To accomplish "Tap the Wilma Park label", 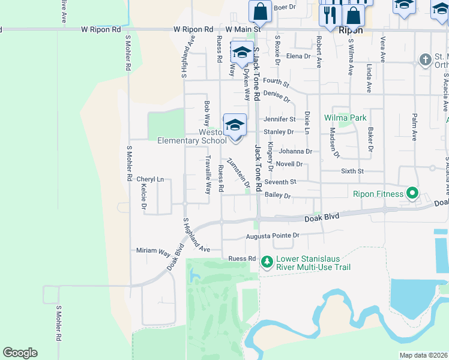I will [x=345, y=118].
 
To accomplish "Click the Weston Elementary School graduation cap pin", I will [x=235, y=125].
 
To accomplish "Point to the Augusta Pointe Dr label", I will [x=273, y=236].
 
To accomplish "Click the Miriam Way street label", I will [x=154, y=250].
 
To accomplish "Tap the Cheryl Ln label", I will [x=150, y=179].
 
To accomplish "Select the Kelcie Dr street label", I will [x=144, y=197].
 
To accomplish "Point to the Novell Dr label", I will [x=289, y=164].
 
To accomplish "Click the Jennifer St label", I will [x=279, y=119].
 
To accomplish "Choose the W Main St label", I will [x=243, y=29].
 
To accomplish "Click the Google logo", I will [x=20, y=353].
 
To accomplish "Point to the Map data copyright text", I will [x=424, y=356].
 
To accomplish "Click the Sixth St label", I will [x=352, y=172].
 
